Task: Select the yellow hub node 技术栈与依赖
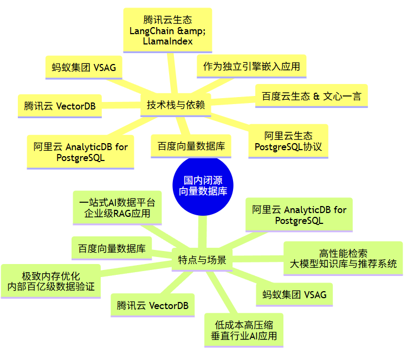point(176,105)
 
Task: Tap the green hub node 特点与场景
point(202,260)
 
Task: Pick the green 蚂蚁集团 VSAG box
point(294,295)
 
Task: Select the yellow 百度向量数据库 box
point(191,146)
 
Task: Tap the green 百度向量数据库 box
point(112,249)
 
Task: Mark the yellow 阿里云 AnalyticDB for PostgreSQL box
point(80,152)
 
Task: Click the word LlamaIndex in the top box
point(167,42)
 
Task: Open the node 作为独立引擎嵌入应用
point(251,67)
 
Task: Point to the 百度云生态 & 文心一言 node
point(311,96)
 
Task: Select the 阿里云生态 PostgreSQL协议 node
point(288,141)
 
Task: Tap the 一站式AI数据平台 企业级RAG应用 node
point(117,208)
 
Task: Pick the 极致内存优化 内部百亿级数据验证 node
point(50,280)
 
